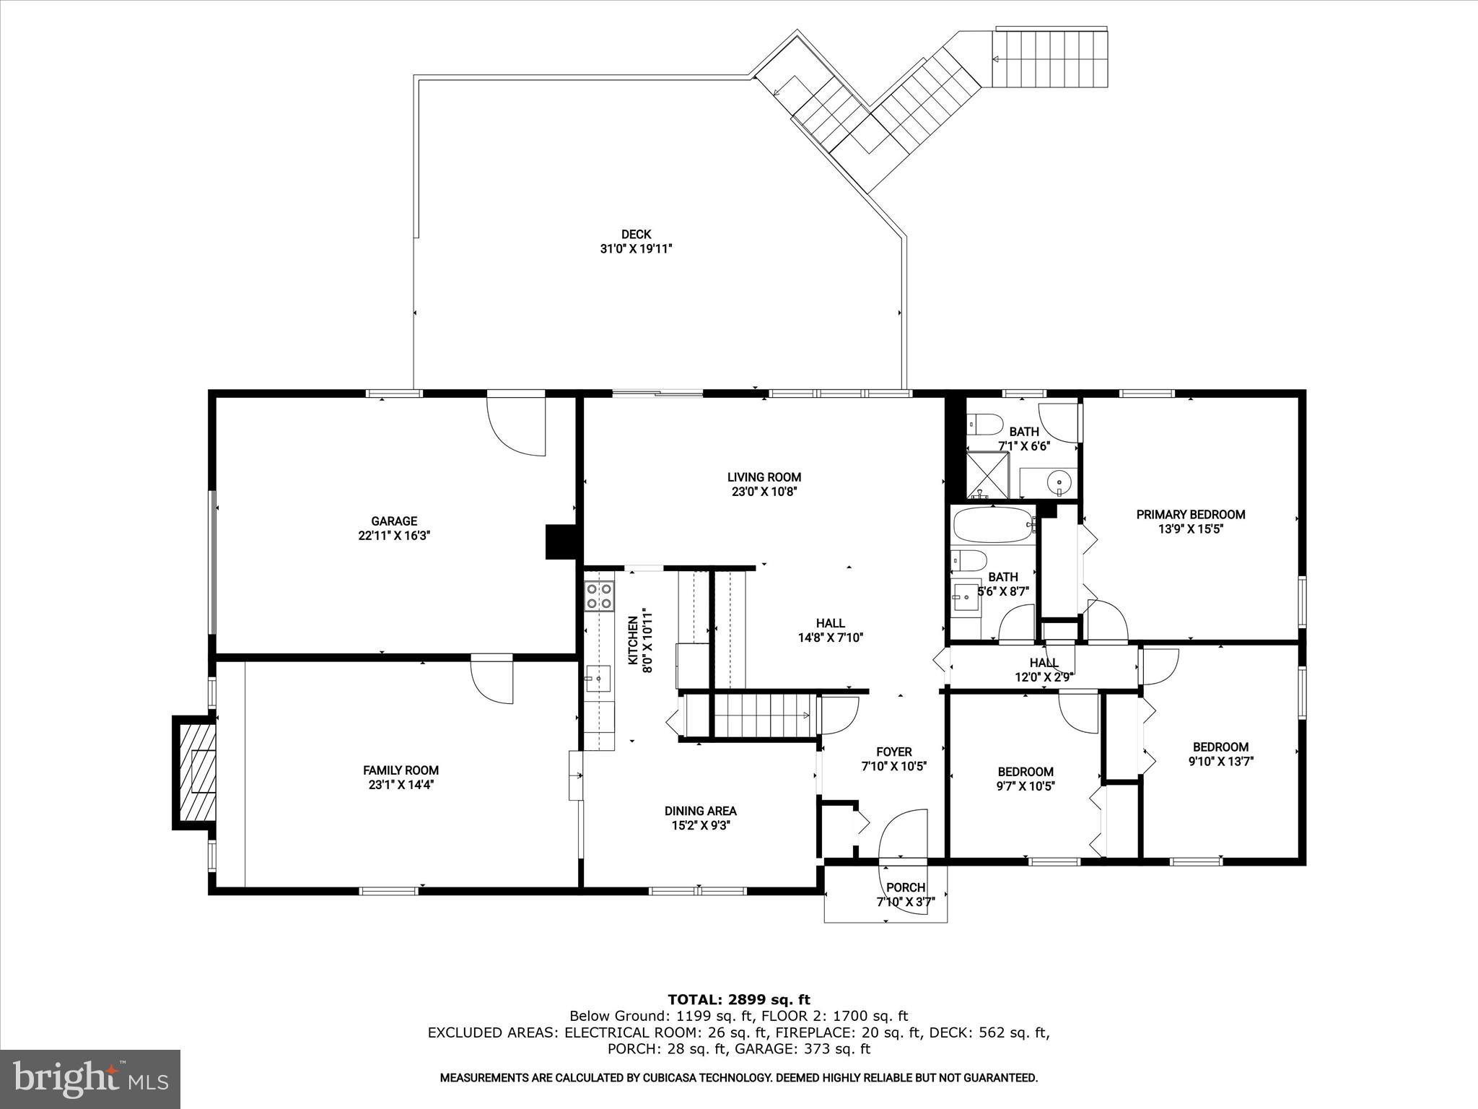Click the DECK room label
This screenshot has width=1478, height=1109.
(x=636, y=234)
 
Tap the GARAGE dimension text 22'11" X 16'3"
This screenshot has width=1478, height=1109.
(x=394, y=536)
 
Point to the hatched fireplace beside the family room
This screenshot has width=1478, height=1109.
(x=195, y=772)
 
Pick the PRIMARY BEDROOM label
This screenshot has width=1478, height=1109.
(x=1190, y=514)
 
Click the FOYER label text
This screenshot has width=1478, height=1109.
(x=893, y=752)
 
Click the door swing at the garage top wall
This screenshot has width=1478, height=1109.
(x=517, y=426)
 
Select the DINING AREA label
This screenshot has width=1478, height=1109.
(x=700, y=811)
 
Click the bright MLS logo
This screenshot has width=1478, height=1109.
(x=90, y=1079)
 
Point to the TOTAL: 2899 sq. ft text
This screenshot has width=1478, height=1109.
(x=738, y=999)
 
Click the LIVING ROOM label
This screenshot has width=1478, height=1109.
(x=764, y=477)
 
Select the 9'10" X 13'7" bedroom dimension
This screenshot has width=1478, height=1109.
(x=1220, y=761)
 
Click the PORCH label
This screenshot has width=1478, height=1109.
(x=905, y=887)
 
